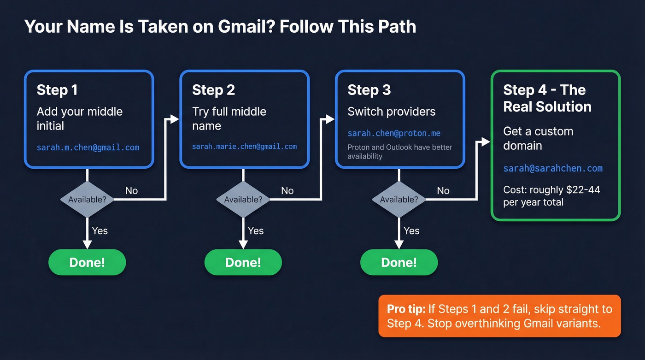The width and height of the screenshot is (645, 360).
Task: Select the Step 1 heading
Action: point(57,90)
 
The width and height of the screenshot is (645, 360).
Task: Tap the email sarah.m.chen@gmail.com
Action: point(88,148)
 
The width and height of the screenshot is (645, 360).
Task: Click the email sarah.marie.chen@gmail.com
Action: point(244,147)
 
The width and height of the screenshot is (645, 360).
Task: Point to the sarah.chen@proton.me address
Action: point(394,133)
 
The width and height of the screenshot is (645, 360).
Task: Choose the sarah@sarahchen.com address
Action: point(552,168)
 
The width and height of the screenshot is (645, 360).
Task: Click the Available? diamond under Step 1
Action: point(87,200)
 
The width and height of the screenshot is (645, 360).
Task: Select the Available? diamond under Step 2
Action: point(243,200)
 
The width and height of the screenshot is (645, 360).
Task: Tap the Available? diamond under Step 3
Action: point(399,200)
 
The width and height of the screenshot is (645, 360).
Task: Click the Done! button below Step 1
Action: point(87,262)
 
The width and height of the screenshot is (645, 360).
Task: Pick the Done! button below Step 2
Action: point(243,262)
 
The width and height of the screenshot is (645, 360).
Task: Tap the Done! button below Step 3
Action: point(399,262)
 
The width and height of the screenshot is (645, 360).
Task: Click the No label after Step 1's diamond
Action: point(131,191)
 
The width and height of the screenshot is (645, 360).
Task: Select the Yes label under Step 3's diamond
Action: point(411,230)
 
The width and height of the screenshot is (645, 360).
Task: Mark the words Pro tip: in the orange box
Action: point(406,309)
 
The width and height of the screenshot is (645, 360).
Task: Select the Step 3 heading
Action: point(369,90)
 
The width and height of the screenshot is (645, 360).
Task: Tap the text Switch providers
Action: point(391,112)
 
